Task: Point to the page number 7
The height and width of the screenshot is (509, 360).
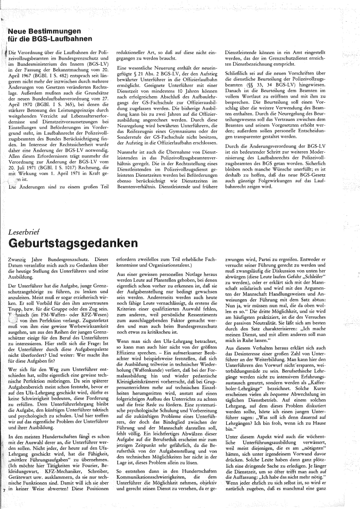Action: (3, 501)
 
